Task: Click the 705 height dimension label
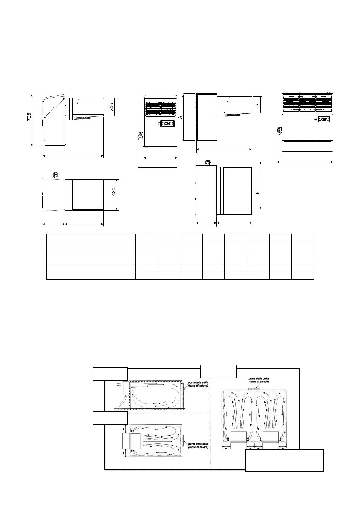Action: pyautogui.click(x=29, y=117)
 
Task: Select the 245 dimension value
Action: pyautogui.click(x=112, y=107)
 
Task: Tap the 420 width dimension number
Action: pyautogui.click(x=114, y=192)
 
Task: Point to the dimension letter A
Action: pyautogui.click(x=181, y=117)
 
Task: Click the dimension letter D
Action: pyautogui.click(x=257, y=106)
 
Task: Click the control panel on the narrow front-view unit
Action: pyautogui.click(x=167, y=123)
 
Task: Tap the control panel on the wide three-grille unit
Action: pyautogui.click(x=324, y=119)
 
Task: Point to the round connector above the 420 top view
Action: pyautogui.click(x=55, y=175)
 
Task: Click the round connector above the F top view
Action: pyautogui.click(x=208, y=163)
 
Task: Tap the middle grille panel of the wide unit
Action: pyautogui.click(x=307, y=103)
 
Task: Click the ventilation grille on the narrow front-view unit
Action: pyautogui.click(x=160, y=109)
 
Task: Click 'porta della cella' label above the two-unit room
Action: pyautogui.click(x=259, y=380)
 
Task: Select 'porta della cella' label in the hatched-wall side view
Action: pyautogui.click(x=198, y=384)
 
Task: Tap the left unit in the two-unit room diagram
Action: pyautogui.click(x=238, y=440)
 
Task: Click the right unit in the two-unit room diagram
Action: pyautogui.click(x=270, y=440)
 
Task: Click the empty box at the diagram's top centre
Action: pyautogui.click(x=218, y=371)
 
